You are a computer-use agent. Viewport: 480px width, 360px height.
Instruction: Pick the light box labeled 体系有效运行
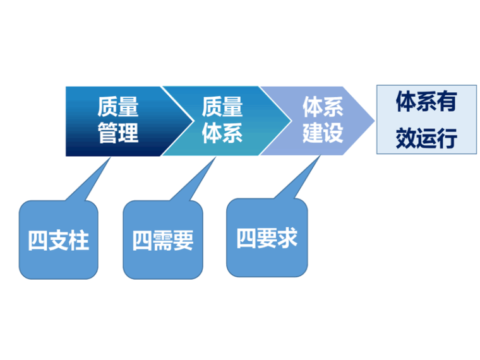point(426,120)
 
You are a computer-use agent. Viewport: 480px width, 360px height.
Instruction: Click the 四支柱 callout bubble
point(59,240)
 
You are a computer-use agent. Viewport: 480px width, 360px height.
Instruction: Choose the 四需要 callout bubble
point(162,240)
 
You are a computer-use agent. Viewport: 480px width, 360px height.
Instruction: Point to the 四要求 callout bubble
point(267,238)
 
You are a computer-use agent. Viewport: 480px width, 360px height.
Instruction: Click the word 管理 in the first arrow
point(117,134)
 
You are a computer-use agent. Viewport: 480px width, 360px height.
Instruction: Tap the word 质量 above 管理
point(117,107)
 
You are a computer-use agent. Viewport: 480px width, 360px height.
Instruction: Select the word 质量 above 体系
point(222,107)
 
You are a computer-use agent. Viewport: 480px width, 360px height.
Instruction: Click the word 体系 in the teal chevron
point(222,134)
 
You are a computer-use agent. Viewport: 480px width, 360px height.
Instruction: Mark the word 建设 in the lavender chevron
point(322,134)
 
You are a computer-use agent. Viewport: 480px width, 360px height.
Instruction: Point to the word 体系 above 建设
point(322,107)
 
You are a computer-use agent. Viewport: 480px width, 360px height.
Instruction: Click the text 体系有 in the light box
point(426,102)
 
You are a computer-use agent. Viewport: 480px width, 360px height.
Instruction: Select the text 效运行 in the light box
point(426,138)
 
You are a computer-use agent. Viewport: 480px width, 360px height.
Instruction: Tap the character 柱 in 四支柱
point(78,241)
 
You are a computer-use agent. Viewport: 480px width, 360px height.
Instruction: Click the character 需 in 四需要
point(162,241)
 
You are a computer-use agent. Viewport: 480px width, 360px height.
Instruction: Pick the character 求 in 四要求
point(287,238)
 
